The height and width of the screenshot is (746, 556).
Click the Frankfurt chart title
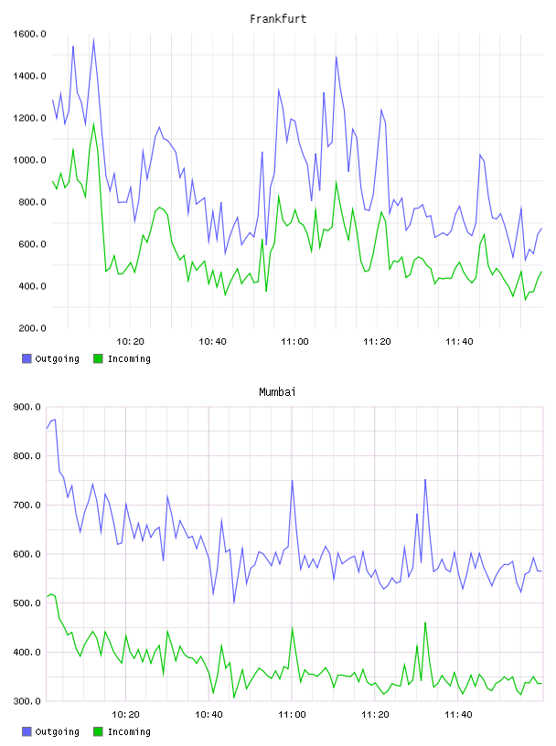(x=278, y=18)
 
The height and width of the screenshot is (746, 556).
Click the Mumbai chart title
(x=277, y=391)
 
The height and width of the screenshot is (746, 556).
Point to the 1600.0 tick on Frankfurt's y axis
(x=29, y=34)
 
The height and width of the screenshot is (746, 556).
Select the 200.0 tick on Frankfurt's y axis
(x=32, y=328)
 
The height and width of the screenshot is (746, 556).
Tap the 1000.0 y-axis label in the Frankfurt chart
(x=29, y=160)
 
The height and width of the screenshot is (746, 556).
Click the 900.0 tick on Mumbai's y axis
(x=27, y=407)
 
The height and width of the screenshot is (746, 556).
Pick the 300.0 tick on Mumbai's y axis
(x=27, y=701)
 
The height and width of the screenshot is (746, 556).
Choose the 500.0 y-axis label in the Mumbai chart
(x=27, y=602)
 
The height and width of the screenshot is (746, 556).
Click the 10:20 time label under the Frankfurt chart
(x=130, y=341)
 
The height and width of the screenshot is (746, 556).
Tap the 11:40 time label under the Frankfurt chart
(x=459, y=341)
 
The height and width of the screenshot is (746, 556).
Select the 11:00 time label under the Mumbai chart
(x=292, y=714)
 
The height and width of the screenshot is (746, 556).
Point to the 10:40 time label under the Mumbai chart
(x=208, y=714)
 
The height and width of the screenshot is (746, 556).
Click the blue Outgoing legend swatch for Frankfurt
(x=27, y=358)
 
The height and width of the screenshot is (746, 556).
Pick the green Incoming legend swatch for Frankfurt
(x=98, y=358)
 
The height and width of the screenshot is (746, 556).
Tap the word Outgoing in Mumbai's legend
(x=57, y=731)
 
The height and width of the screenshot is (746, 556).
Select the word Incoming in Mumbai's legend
(x=129, y=731)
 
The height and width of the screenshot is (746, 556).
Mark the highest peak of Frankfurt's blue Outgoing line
(x=93, y=40)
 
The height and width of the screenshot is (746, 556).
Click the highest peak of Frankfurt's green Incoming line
(x=93, y=124)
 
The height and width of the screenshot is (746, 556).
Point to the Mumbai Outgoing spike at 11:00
(x=292, y=481)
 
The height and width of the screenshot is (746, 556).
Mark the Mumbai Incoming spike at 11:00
(x=292, y=628)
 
